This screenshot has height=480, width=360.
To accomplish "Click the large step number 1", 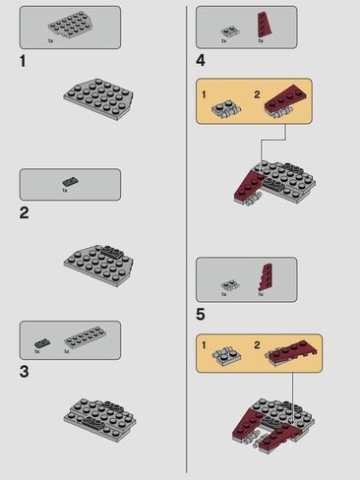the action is coord(23,61).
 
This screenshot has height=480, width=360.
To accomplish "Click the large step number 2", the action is coord(24,212).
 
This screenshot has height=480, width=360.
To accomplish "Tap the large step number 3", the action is coord(24,372).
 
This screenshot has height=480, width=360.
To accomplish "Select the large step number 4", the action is coord(201,61).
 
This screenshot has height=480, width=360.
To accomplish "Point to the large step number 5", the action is coord(201,314).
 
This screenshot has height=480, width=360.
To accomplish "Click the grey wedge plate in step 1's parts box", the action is coord(69,25).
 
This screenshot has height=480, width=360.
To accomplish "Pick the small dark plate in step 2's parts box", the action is coord(70,181).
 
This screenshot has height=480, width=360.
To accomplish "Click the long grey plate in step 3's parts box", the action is coord(85,337).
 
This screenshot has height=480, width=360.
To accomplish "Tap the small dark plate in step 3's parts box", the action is coord(42,343).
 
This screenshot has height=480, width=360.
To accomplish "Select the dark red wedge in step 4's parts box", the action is coord(264,26).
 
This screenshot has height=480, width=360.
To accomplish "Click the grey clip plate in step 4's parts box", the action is coord(230,31).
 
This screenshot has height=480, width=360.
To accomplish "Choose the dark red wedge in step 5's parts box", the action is coord(265,277).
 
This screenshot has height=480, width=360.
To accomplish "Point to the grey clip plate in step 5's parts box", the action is coord(230,285).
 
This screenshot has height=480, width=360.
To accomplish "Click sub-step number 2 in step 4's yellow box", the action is coord(257,94).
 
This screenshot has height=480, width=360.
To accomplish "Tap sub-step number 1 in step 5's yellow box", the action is coord(204,345).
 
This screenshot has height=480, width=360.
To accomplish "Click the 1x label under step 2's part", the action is coord(65,191).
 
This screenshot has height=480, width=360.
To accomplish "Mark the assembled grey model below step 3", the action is coord(99,419).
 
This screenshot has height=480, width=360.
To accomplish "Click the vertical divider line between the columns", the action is coord(187,239).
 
